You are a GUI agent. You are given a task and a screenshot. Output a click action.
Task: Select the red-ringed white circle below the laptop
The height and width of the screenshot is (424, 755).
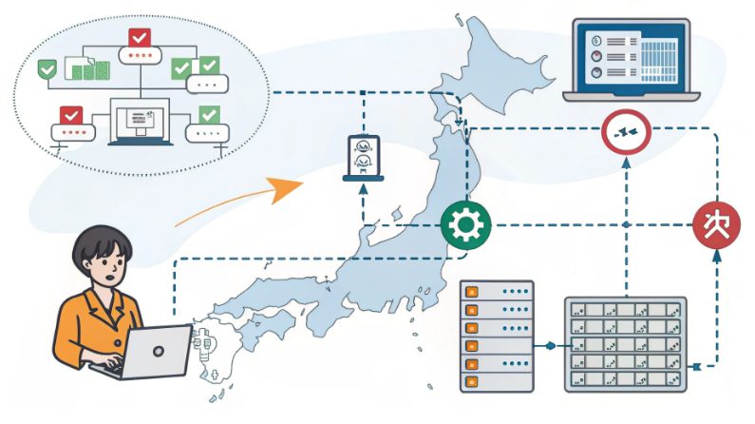click(x=626, y=133)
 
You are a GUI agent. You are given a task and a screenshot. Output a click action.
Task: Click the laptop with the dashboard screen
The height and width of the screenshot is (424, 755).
click(x=632, y=59)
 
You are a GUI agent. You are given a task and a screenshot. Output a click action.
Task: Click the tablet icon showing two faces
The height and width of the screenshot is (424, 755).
click(x=363, y=158)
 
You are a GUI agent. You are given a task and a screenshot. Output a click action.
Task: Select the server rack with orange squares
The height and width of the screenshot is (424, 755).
click(x=497, y=336)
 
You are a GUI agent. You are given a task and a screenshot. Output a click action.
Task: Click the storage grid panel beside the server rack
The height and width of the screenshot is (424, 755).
click(x=625, y=343)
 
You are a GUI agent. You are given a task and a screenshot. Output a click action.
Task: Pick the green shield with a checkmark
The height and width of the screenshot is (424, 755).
click(x=45, y=69)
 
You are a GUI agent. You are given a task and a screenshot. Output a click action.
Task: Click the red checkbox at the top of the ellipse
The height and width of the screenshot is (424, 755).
click(x=139, y=38)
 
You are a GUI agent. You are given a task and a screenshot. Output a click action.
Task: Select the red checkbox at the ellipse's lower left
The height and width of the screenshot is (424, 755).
click(x=70, y=115)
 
